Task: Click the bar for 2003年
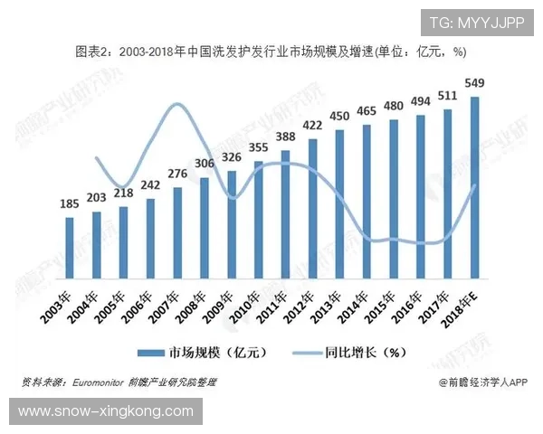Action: [69, 248]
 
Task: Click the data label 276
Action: [177, 174]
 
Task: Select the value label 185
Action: [69, 204]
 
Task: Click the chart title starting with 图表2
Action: [271, 52]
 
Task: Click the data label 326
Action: [232, 157]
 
